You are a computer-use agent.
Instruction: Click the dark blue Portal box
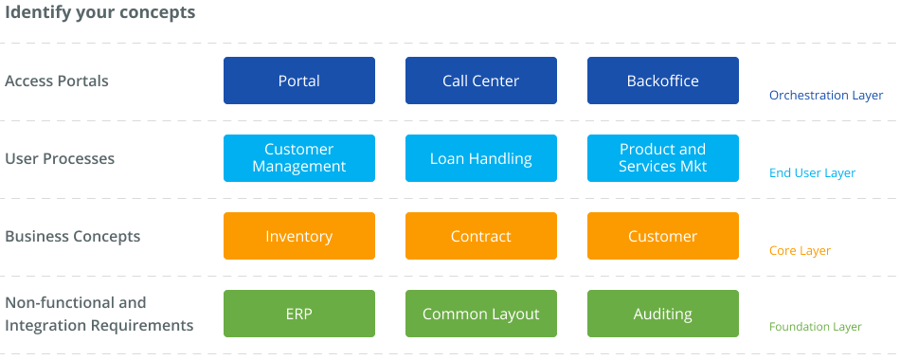[299, 81]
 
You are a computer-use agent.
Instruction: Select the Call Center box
[481, 81]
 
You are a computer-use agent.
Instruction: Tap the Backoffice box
[663, 81]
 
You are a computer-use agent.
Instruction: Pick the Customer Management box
[299, 158]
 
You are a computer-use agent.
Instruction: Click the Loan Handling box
[481, 158]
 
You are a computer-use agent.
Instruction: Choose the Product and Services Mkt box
[663, 158]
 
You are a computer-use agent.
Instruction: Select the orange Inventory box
[299, 236]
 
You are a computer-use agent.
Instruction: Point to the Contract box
[481, 236]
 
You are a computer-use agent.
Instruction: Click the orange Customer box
[663, 236]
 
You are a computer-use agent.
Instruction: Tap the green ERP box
[299, 314]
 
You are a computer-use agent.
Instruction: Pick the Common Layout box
[481, 314]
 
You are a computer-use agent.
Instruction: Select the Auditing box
[663, 314]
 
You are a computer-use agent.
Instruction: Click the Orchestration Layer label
[826, 96]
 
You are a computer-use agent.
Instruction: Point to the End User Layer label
[812, 172]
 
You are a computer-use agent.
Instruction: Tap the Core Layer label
[801, 251]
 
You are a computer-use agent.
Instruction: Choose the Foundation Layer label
[815, 327]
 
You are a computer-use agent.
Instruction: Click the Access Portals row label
[57, 81]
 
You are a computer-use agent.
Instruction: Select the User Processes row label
[60, 158]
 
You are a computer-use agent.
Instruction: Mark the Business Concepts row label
[72, 237]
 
